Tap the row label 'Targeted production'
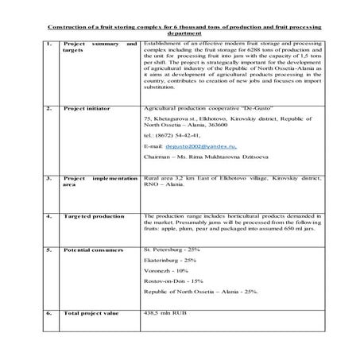[x=89, y=215]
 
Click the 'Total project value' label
[x=89, y=314]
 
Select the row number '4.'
[x=48, y=215]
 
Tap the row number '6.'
[x=48, y=314]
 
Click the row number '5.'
[x=48, y=250]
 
